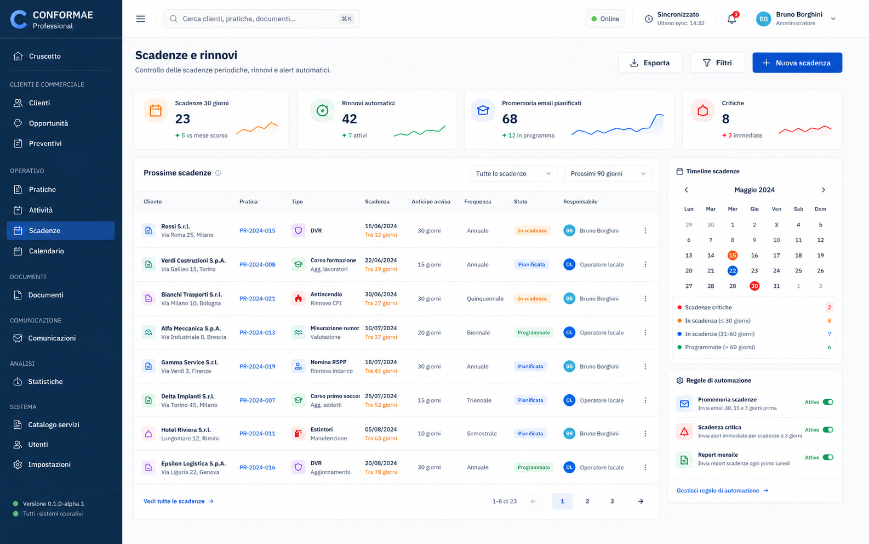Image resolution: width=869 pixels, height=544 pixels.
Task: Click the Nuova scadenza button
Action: tap(797, 63)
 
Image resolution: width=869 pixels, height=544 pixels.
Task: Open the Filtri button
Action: tap(717, 63)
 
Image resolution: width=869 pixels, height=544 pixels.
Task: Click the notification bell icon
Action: tap(731, 19)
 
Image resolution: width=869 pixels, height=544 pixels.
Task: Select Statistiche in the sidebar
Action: tap(45, 381)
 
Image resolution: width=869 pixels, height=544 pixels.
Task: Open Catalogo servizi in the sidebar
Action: tap(54, 424)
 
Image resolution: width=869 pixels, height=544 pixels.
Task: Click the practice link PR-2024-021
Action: tap(257, 298)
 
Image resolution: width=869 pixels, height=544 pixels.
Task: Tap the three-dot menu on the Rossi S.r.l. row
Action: tap(645, 231)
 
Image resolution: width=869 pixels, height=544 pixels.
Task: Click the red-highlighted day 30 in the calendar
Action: tap(754, 286)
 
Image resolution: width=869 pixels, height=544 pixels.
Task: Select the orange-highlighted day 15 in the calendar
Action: tap(733, 255)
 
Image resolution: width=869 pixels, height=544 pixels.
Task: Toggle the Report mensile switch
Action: tap(828, 457)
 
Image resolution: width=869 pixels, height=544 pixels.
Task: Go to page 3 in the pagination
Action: tap(612, 501)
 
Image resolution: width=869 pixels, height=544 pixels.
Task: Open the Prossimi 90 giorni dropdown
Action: tap(608, 174)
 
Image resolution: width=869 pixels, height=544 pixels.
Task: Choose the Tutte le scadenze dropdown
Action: tap(513, 174)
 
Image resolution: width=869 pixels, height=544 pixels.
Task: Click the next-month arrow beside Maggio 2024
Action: tap(823, 190)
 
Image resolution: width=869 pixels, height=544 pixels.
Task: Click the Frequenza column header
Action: tap(478, 201)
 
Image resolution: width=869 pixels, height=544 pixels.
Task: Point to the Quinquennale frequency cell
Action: tap(485, 298)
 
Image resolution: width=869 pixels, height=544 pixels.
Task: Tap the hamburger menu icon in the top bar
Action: tap(140, 19)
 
